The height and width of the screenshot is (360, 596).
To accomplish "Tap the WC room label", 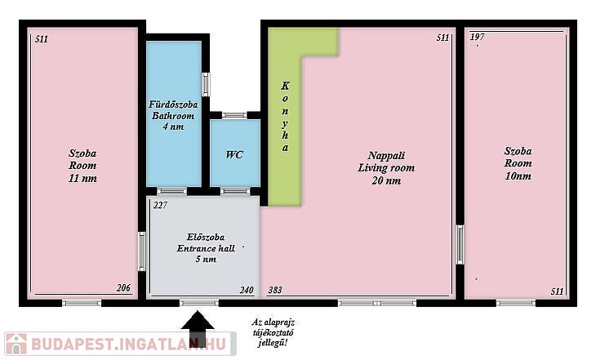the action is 234,155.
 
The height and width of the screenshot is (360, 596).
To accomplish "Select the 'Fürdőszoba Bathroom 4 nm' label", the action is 173,116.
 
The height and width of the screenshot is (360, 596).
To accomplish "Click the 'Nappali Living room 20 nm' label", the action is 386,167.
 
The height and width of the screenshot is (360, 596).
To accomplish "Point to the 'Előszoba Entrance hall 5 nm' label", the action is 206,248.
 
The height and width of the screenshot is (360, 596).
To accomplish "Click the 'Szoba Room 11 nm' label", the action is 82,166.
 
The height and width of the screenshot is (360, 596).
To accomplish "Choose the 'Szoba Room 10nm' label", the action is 518,163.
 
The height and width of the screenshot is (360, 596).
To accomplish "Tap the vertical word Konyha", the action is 285,117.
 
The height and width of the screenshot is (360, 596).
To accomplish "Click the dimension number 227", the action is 160,205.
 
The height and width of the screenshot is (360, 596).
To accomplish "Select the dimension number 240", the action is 247,290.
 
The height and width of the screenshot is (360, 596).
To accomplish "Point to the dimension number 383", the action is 275,290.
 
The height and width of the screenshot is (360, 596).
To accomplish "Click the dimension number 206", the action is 123,288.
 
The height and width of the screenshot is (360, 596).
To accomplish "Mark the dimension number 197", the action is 477,37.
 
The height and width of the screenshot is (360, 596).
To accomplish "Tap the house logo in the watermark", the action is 16,344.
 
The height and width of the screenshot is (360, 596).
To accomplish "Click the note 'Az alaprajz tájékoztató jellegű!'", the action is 273,332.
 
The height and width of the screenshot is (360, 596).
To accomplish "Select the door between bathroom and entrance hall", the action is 171,191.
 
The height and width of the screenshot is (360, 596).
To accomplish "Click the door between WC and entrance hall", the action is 235,191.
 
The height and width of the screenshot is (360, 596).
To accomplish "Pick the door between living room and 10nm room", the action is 460,245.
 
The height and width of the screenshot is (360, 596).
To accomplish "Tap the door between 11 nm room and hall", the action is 142,251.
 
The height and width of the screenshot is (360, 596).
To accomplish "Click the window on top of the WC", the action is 234,115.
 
